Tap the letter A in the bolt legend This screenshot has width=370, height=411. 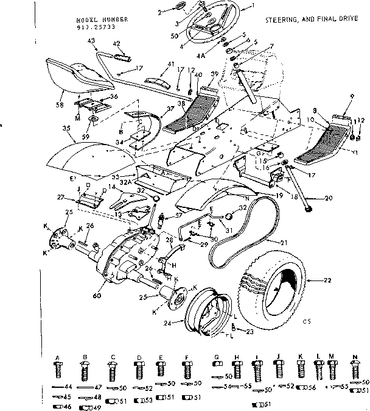pos(57,359)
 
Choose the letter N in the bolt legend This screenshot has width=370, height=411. pos(354,359)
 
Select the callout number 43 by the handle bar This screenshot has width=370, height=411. pos(92,40)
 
